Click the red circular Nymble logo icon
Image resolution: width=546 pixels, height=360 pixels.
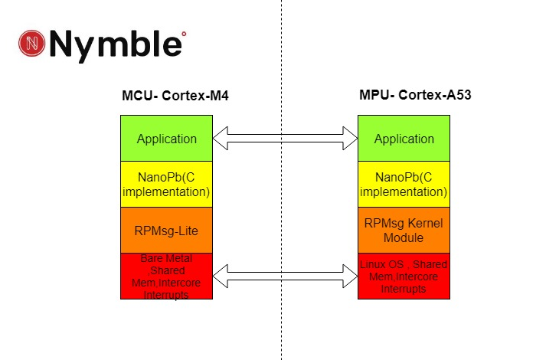(x=31, y=44)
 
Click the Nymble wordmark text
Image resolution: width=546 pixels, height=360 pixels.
(x=116, y=45)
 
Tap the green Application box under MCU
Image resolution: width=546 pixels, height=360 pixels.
(x=166, y=139)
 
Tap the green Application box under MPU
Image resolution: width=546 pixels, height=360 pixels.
(x=404, y=139)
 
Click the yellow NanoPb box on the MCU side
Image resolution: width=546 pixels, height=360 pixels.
(x=166, y=184)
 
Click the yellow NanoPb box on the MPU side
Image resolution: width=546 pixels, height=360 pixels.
(x=404, y=184)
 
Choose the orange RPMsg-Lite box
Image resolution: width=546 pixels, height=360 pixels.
(x=166, y=230)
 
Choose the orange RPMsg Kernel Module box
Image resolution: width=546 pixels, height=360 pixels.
(x=404, y=230)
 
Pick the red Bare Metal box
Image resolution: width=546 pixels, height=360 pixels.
(x=166, y=276)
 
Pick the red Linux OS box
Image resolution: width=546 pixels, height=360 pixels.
(x=404, y=276)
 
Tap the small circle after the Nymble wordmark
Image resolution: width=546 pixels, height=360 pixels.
(x=184, y=34)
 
